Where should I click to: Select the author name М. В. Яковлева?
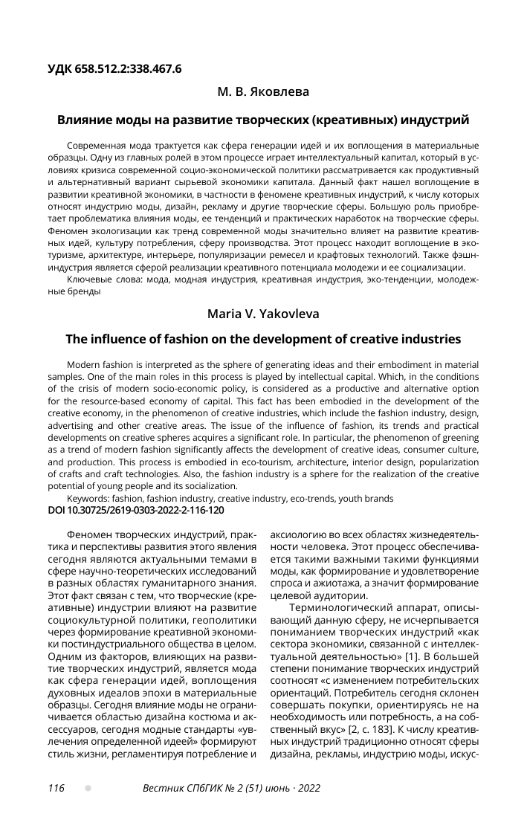pos(263,92)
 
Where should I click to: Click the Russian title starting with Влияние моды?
pos(263,119)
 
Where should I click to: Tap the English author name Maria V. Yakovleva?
pos(263,314)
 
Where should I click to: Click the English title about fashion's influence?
pos(263,340)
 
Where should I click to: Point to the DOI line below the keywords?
pos(136,511)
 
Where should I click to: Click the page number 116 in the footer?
pos(56,788)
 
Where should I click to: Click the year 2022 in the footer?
pos(308,788)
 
